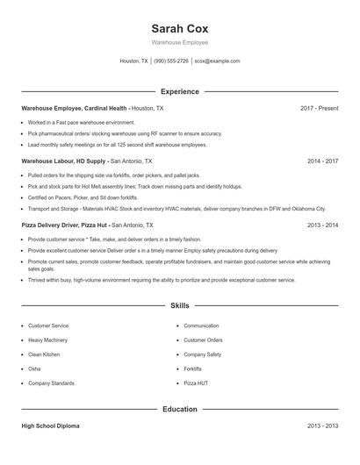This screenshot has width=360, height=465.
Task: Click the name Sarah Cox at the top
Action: pyautogui.click(x=179, y=28)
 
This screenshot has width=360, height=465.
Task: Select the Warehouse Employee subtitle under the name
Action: pyautogui.click(x=179, y=42)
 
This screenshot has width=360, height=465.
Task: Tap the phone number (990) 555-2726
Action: pyautogui.click(x=171, y=61)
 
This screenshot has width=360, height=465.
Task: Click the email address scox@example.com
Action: pyautogui.click(x=217, y=61)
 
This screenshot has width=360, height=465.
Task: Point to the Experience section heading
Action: pyautogui.click(x=179, y=91)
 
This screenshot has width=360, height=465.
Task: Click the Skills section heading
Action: pyautogui.click(x=179, y=306)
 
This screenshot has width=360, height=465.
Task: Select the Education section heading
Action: pyautogui.click(x=179, y=409)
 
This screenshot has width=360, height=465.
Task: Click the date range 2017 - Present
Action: pyautogui.click(x=319, y=108)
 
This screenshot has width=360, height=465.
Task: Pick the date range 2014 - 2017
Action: pyautogui.click(x=322, y=161)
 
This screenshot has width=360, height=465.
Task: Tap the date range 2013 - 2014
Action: pyautogui.click(x=322, y=225)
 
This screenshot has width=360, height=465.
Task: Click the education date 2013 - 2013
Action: pyautogui.click(x=322, y=426)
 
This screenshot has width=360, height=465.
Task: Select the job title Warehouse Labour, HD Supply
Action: pyautogui.click(x=64, y=161)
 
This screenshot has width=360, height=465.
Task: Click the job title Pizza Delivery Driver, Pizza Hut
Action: pyautogui.click(x=72, y=225)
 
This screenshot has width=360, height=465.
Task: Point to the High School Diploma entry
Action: pyautogui.click(x=50, y=426)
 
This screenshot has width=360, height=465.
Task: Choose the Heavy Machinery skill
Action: pyautogui.click(x=47, y=340)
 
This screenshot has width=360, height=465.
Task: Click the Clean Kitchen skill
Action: pyautogui.click(x=44, y=354)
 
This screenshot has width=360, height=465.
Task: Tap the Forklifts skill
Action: pyautogui.click(x=193, y=368)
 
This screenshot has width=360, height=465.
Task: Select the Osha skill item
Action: pyautogui.click(x=33, y=368)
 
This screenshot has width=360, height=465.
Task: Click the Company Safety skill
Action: pyautogui.click(x=202, y=354)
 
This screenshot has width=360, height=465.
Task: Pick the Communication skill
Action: pyautogui.click(x=201, y=325)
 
